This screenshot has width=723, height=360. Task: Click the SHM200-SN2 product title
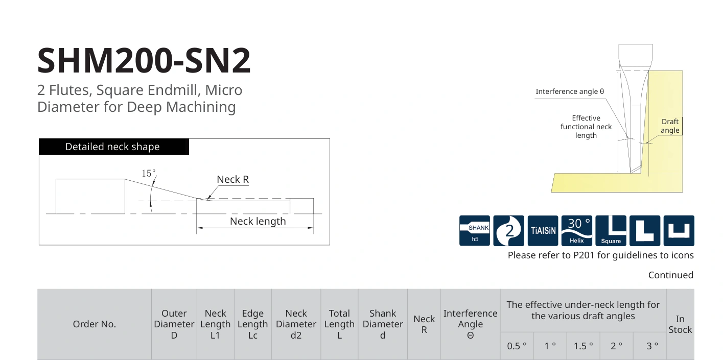[x=144, y=60]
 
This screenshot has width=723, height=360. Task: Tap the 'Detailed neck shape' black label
[x=113, y=147]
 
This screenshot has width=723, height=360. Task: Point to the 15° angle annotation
[x=149, y=173]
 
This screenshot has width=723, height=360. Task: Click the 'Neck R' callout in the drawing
[x=232, y=179]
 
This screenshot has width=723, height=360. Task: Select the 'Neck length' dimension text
[x=258, y=221]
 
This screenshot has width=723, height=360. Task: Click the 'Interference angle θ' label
[x=570, y=91]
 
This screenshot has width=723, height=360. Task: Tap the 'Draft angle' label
[x=670, y=126]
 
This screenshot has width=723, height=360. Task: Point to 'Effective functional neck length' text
[x=586, y=127]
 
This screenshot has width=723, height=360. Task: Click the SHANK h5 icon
[x=475, y=231]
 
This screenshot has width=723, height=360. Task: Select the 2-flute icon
[x=509, y=231]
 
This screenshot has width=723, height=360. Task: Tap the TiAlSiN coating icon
[x=543, y=231]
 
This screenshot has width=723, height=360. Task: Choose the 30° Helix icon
[x=577, y=231]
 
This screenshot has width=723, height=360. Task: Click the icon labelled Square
[x=611, y=231]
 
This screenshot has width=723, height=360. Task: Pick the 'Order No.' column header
[x=94, y=324]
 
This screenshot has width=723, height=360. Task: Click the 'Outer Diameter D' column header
[x=174, y=324]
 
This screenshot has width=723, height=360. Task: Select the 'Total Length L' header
[x=339, y=324]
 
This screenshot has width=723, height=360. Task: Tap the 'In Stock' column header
[x=680, y=324]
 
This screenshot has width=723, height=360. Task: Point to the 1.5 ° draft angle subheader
[x=583, y=346]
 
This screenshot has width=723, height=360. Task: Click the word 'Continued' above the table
[x=671, y=275]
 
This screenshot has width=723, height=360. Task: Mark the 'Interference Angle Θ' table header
[x=470, y=324]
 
